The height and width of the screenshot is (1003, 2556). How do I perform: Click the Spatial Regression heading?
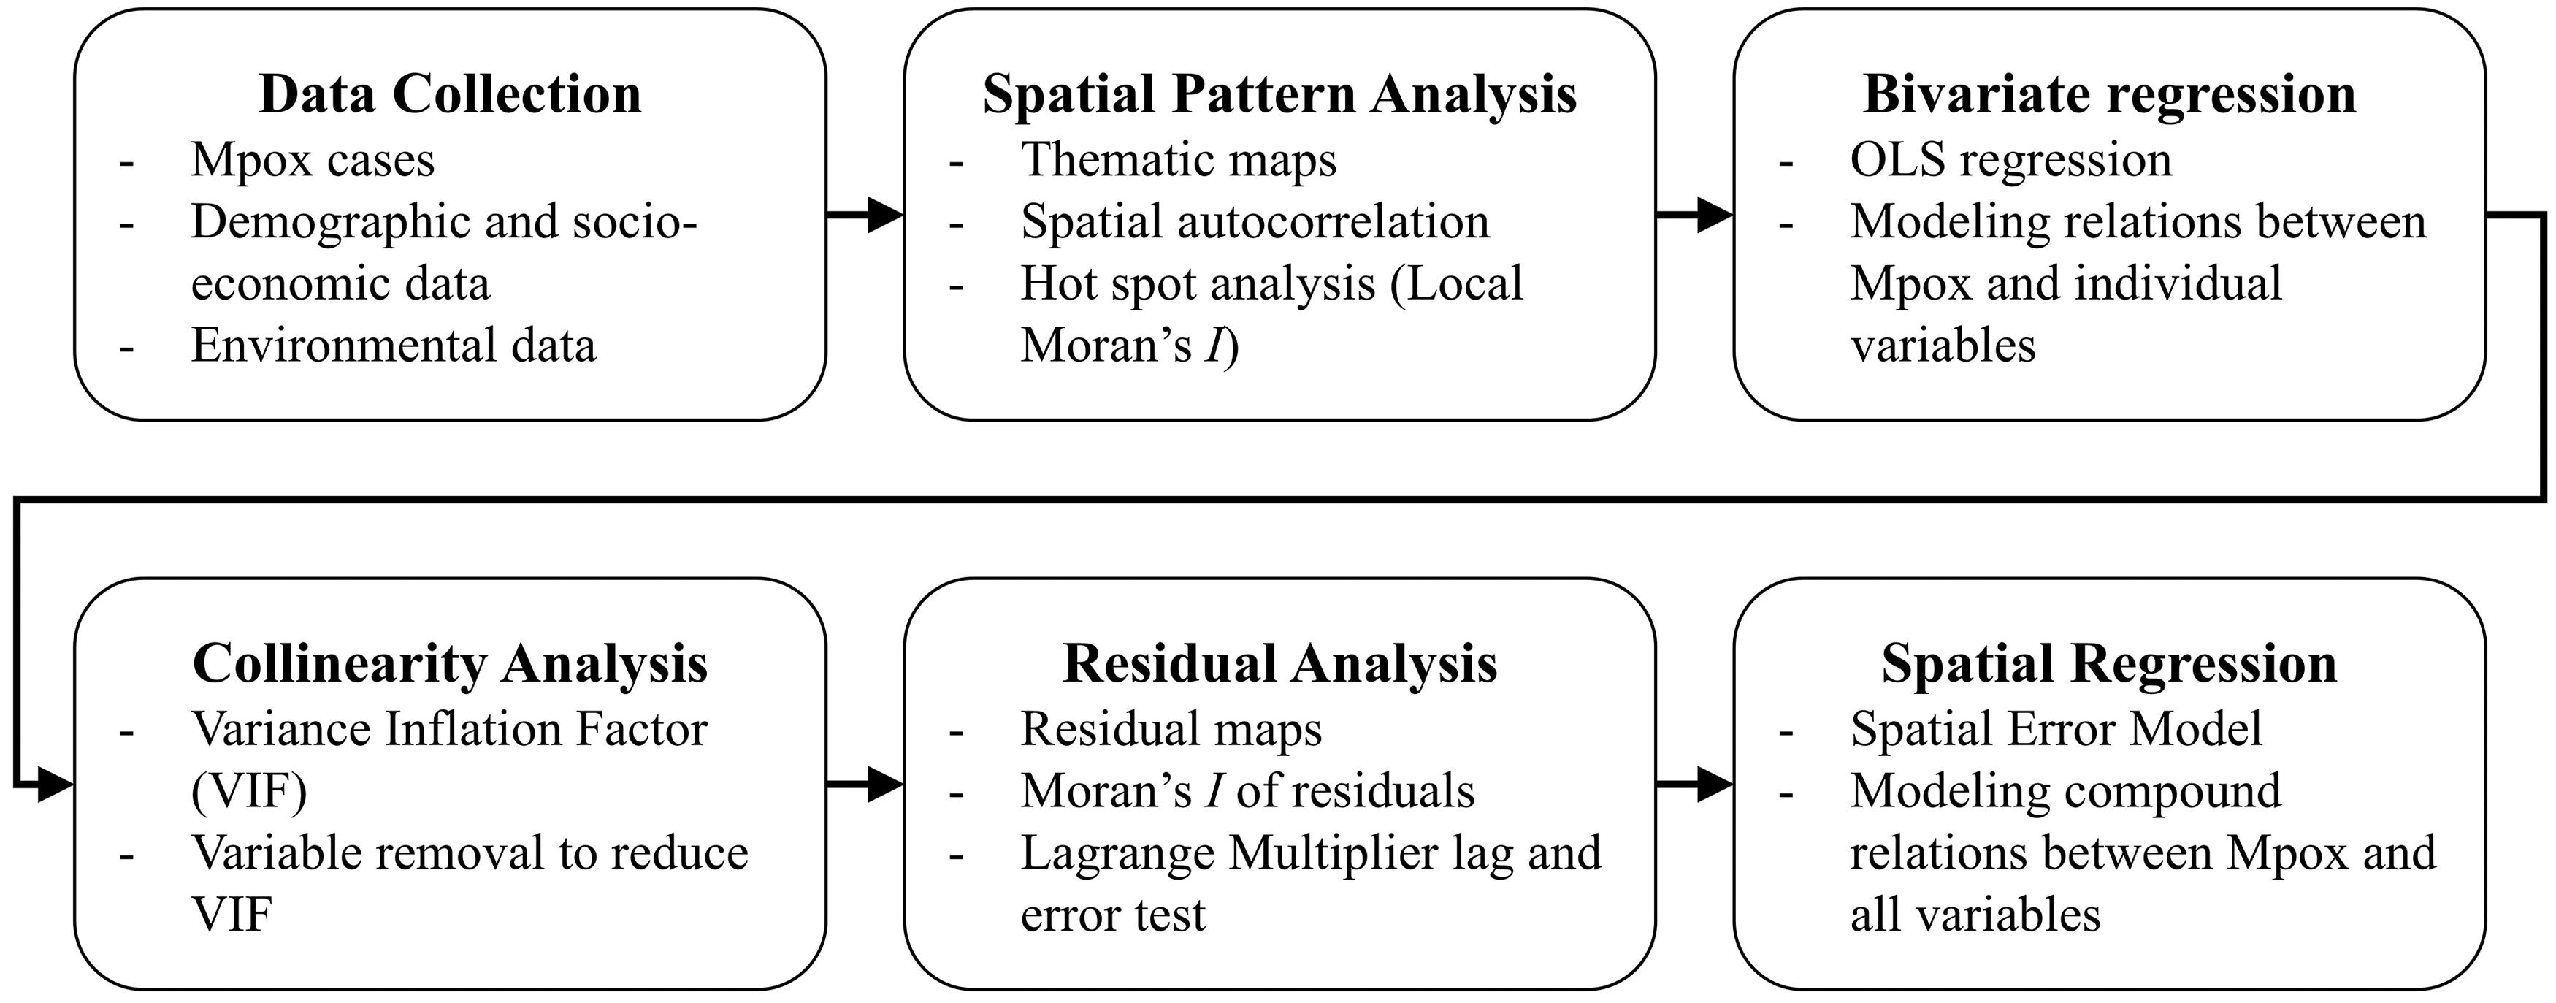(x=2110, y=665)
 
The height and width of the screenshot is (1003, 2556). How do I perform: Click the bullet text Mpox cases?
(x=313, y=161)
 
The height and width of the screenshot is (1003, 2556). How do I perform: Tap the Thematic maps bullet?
(x=1179, y=161)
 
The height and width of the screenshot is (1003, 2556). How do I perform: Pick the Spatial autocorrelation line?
(x=1255, y=222)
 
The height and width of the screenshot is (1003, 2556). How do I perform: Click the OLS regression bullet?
(x=2010, y=161)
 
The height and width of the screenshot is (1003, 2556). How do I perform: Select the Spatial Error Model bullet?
(x=2056, y=729)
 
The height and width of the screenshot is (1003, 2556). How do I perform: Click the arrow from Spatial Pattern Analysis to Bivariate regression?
(x=1694, y=214)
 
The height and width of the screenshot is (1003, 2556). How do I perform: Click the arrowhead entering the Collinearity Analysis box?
(x=56, y=786)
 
